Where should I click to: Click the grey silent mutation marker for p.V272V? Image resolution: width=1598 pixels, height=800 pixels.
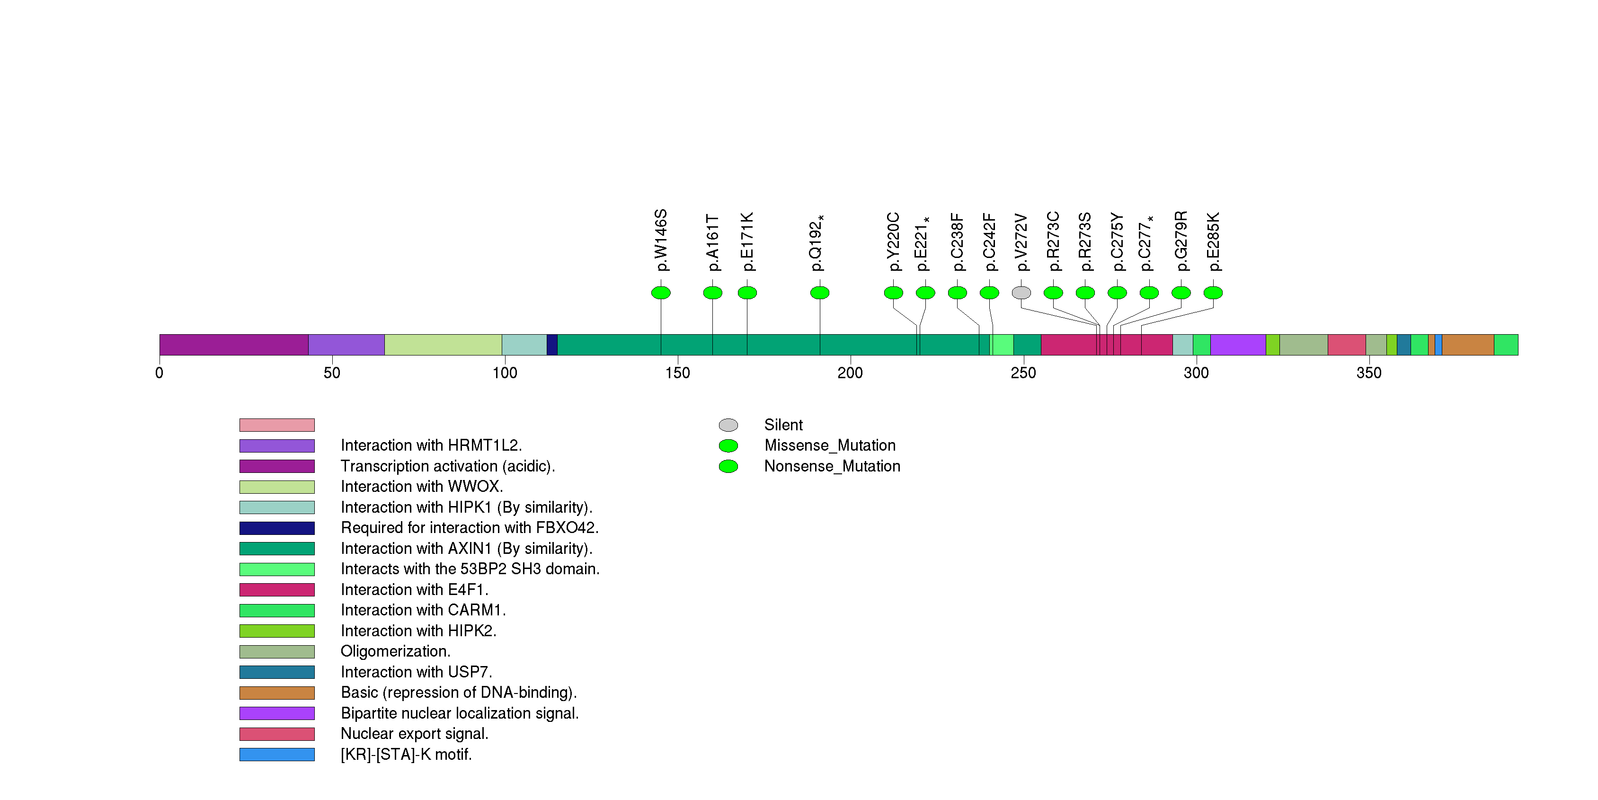tap(1021, 293)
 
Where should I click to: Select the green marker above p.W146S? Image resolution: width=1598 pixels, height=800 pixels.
tap(661, 293)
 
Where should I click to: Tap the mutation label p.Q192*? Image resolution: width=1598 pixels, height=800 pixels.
tap(817, 243)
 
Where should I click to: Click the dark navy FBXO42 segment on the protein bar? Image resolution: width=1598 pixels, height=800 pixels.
tap(552, 345)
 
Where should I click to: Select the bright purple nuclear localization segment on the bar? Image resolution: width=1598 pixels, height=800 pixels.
tap(1238, 345)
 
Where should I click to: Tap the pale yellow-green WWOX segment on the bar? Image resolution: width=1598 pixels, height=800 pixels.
tap(443, 345)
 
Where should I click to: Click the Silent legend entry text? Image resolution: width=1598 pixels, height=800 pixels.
tap(783, 425)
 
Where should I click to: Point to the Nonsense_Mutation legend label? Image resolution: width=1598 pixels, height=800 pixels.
tap(832, 466)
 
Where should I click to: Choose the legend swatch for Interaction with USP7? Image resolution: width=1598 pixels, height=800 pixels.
tap(277, 672)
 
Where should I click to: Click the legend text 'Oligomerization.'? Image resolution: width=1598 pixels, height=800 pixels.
tap(395, 651)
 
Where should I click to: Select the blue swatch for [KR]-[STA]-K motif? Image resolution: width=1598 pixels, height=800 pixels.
tap(277, 755)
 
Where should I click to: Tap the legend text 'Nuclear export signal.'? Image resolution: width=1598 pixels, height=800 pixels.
tap(414, 734)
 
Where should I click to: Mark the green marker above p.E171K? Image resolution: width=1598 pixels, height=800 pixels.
tap(747, 293)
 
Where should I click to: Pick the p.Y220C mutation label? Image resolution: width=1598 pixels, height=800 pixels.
tap(893, 242)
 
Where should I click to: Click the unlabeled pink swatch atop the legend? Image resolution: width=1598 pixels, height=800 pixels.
tap(277, 425)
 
